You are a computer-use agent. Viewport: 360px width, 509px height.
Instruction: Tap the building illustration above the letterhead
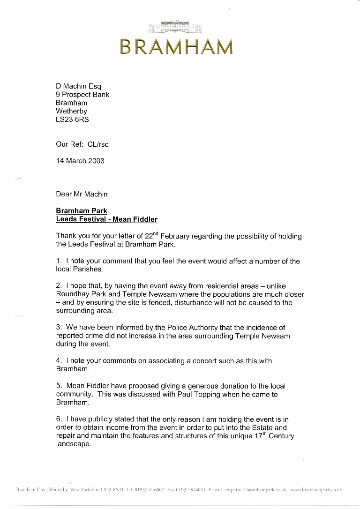pyautogui.click(x=175, y=27)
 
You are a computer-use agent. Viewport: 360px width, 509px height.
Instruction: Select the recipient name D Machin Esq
pyautogui.click(x=78, y=86)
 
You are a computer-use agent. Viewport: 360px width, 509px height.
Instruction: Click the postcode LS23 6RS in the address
pyautogui.click(x=72, y=120)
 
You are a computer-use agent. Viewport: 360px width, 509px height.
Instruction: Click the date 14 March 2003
pyautogui.click(x=80, y=161)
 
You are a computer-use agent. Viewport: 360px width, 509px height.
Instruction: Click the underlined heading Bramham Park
pyautogui.click(x=82, y=211)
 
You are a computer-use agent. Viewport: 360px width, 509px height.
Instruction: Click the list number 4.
pyautogui.click(x=59, y=361)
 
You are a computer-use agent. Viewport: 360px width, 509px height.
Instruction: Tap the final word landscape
pyautogui.click(x=73, y=444)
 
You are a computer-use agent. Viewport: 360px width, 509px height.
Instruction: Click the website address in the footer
pyautogui.click(x=316, y=490)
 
